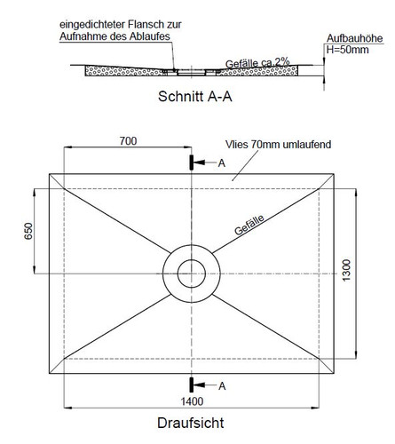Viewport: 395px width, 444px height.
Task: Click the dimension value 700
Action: click(x=128, y=141)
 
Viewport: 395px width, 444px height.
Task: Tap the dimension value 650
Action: click(x=28, y=231)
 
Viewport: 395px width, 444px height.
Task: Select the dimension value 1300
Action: click(x=346, y=270)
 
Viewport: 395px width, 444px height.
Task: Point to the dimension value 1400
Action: click(x=192, y=401)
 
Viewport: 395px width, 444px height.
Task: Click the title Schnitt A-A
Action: click(x=195, y=97)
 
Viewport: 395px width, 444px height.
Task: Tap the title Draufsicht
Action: click(x=191, y=423)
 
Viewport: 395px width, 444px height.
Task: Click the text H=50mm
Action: click(x=348, y=50)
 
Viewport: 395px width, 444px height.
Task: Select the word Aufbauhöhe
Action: click(x=354, y=38)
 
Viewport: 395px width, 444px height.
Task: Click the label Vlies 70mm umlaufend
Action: click(x=278, y=145)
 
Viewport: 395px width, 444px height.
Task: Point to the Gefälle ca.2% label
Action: click(x=257, y=63)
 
